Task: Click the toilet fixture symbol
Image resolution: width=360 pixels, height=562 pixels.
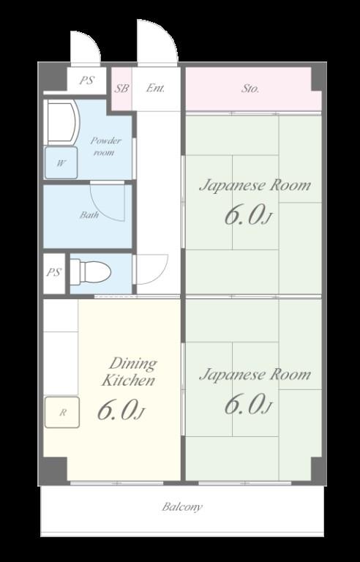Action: tap(90, 272)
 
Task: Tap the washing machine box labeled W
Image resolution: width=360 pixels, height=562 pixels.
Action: tap(61, 162)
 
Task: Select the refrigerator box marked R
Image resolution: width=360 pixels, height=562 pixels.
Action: tap(62, 412)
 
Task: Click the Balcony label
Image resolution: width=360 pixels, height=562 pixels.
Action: tap(181, 507)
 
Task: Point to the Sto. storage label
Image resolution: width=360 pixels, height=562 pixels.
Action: tap(250, 89)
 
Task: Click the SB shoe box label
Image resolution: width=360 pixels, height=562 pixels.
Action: tap(121, 88)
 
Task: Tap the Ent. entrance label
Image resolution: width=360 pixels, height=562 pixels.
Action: tap(155, 88)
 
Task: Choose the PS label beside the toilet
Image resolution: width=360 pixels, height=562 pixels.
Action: tap(54, 272)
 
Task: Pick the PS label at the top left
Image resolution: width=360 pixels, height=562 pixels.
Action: tap(86, 80)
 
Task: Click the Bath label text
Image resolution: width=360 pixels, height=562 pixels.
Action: tap(89, 215)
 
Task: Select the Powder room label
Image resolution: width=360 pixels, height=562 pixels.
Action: tap(105, 146)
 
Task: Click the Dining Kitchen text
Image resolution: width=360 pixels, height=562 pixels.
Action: tap(129, 372)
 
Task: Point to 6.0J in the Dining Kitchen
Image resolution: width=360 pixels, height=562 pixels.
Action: tap(121, 411)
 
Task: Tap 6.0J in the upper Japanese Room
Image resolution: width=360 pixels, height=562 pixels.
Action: tap(247, 215)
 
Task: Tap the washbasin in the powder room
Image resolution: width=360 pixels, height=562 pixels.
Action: tap(61, 122)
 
